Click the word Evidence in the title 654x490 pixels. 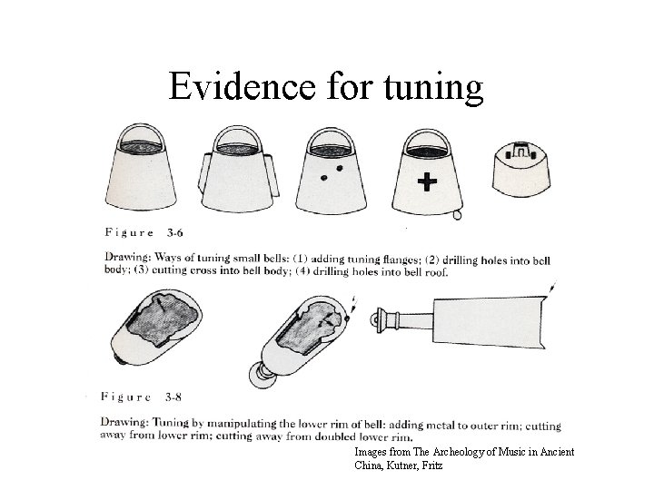point(242,86)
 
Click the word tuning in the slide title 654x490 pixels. point(434,88)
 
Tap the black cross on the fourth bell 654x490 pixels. point(427,182)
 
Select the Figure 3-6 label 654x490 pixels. point(144,232)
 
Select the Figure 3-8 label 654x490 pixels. point(141,397)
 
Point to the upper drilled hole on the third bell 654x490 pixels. point(340,169)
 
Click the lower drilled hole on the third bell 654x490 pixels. point(324,178)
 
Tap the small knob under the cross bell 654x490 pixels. point(457,215)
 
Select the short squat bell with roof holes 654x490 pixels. point(521,169)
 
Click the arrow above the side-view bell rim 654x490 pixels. point(552,288)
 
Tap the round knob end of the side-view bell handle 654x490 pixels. point(374,320)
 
